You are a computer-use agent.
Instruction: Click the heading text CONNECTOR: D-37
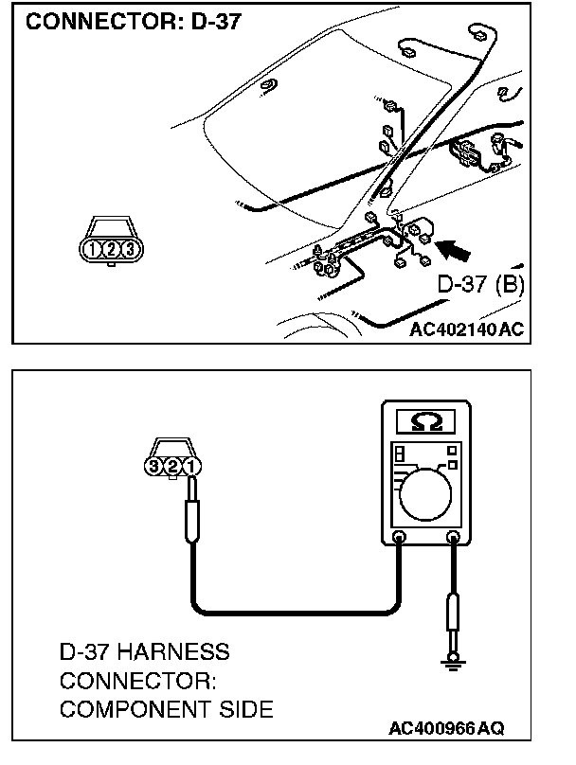pyautogui.click(x=134, y=22)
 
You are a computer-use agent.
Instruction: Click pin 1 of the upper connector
pyautogui.click(x=92, y=249)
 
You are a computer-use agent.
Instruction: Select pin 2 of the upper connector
pyautogui.click(x=111, y=249)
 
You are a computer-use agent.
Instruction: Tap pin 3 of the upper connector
pyautogui.click(x=130, y=249)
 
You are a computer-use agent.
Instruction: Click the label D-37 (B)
pyautogui.click(x=480, y=285)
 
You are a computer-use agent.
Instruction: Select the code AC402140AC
pyautogui.click(x=467, y=330)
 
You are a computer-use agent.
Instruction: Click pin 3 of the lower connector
pyautogui.click(x=154, y=466)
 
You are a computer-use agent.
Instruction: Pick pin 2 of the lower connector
pyautogui.click(x=172, y=466)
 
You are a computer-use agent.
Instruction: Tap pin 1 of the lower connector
pyautogui.click(x=190, y=466)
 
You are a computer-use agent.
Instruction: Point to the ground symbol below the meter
pyautogui.click(x=454, y=666)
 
